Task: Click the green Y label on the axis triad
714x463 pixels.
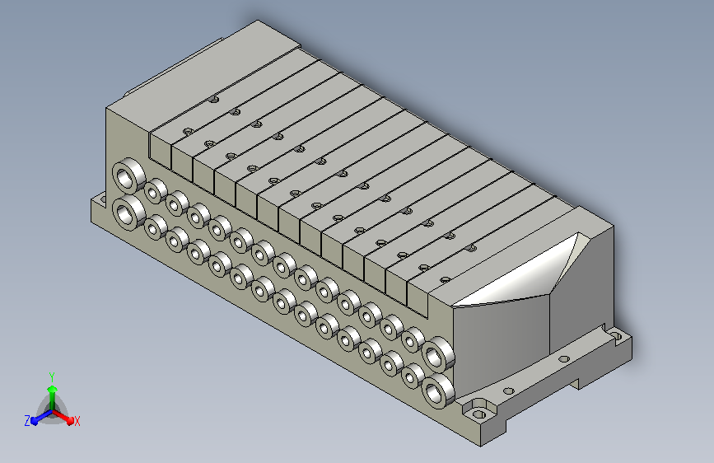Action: coord(52,376)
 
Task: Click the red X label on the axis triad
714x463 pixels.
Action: coord(77,421)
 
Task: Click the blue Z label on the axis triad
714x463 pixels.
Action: coord(27,421)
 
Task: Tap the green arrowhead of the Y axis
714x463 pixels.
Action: coord(53,390)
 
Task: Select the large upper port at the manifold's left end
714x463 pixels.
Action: coord(128,175)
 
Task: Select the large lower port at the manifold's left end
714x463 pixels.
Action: coord(128,213)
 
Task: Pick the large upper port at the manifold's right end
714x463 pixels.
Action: coord(438,354)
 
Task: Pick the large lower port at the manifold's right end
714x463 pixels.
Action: coord(438,391)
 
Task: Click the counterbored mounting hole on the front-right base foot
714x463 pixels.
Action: coord(479,414)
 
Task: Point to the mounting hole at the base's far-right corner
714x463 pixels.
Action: coord(616,337)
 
